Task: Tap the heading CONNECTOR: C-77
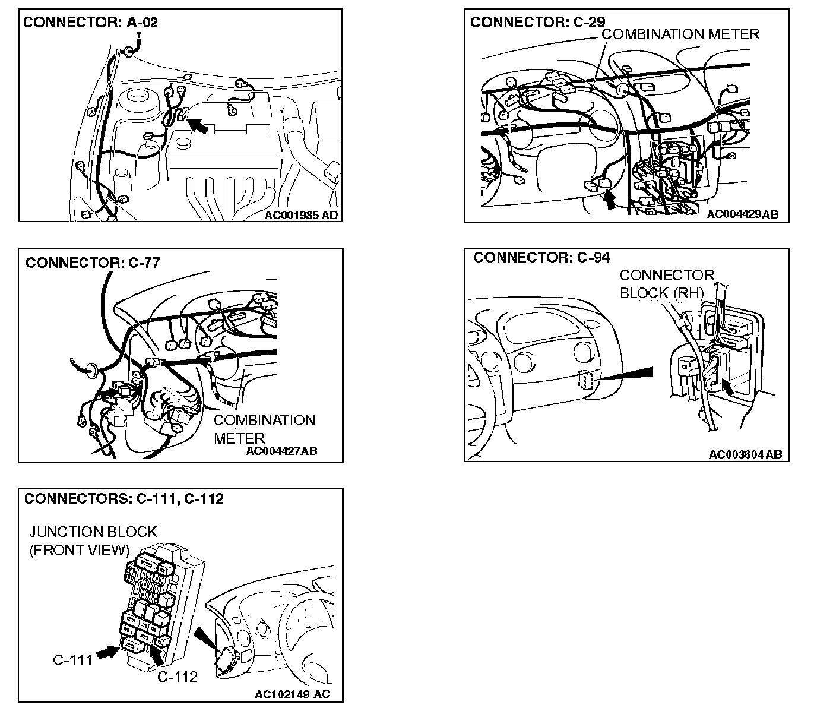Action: [x=93, y=262]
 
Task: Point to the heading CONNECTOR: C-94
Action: [x=541, y=257]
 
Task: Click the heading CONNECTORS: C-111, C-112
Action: [x=124, y=498]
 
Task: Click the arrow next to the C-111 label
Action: [x=107, y=652]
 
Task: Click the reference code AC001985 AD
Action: [x=301, y=215]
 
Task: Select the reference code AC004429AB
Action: [x=742, y=214]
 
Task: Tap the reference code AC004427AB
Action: [x=281, y=451]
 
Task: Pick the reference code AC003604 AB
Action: [x=745, y=454]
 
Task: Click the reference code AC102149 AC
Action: [x=292, y=694]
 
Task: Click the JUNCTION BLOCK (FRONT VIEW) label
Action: [x=93, y=541]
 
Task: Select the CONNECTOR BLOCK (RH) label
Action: [x=666, y=284]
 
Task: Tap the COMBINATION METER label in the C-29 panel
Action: [x=680, y=34]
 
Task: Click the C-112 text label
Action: [x=178, y=677]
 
